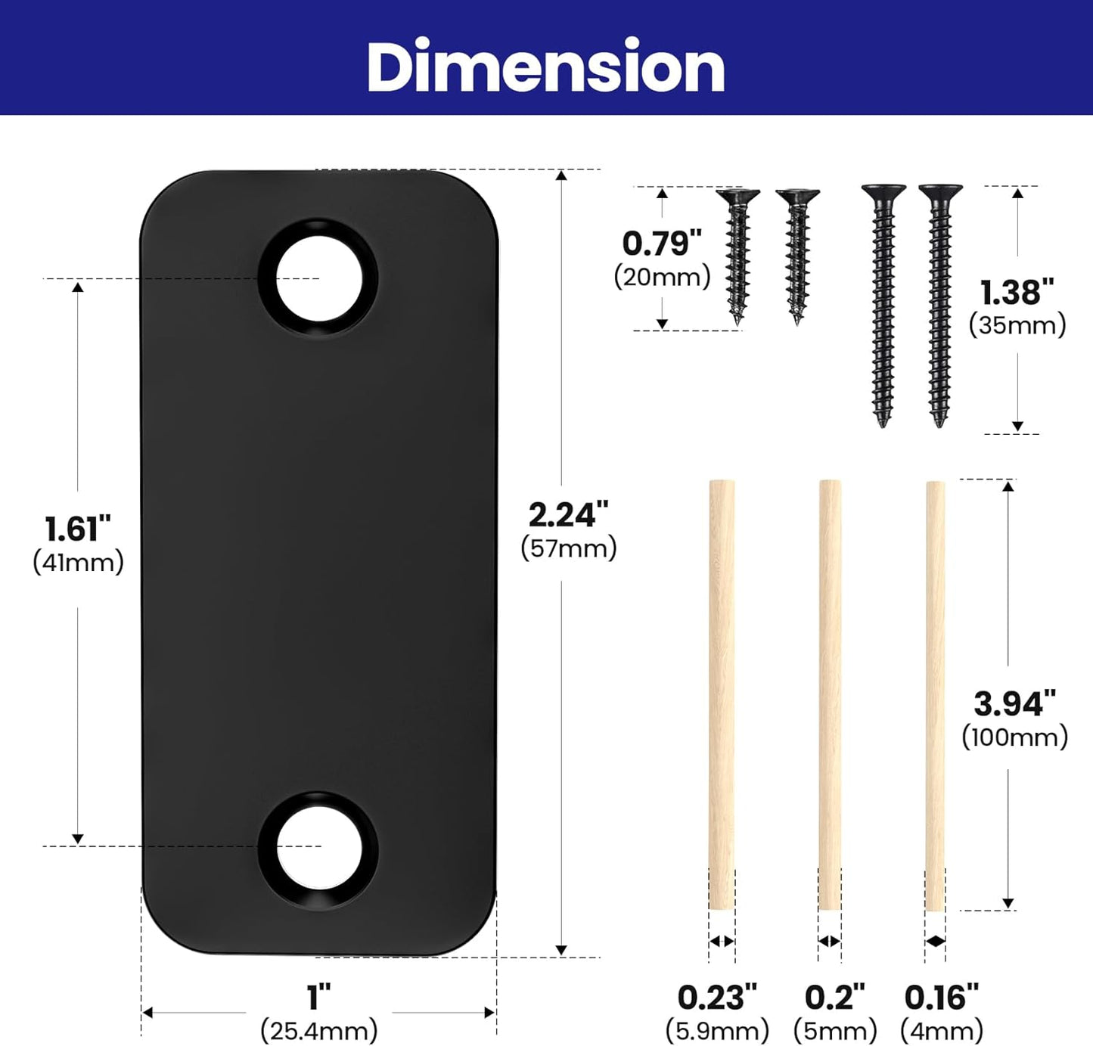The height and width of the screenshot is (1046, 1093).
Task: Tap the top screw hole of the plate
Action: click(318, 278)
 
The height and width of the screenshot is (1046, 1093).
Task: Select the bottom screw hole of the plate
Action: click(318, 850)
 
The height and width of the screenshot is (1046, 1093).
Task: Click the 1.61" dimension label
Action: click(78, 529)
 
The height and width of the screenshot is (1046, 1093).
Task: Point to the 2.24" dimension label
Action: click(568, 514)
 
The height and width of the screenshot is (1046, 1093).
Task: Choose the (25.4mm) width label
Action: click(319, 1032)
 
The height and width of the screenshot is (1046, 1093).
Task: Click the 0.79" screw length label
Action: click(662, 244)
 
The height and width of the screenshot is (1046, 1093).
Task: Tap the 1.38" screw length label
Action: click(1017, 292)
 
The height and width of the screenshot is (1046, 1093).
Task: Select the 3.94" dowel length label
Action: click(1014, 703)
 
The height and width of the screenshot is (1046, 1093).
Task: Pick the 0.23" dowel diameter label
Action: click(717, 998)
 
